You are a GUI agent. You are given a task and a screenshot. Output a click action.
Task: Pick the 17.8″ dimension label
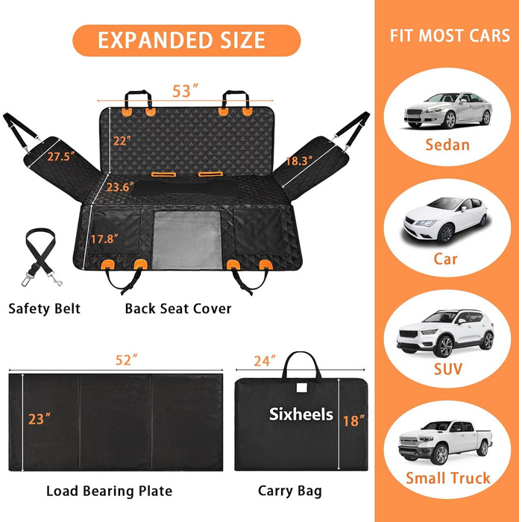tap(105, 239)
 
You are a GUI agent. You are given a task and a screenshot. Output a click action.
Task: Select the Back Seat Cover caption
tap(177, 308)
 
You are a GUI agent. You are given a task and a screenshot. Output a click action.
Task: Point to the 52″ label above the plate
tap(128, 359)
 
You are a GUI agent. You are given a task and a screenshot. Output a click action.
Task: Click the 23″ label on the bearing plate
tap(42, 418)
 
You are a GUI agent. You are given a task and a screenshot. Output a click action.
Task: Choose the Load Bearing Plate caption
tap(109, 491)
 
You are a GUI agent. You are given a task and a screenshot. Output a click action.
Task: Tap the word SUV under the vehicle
tap(447, 368)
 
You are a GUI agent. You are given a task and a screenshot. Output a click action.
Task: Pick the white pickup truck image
tap(445, 443)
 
